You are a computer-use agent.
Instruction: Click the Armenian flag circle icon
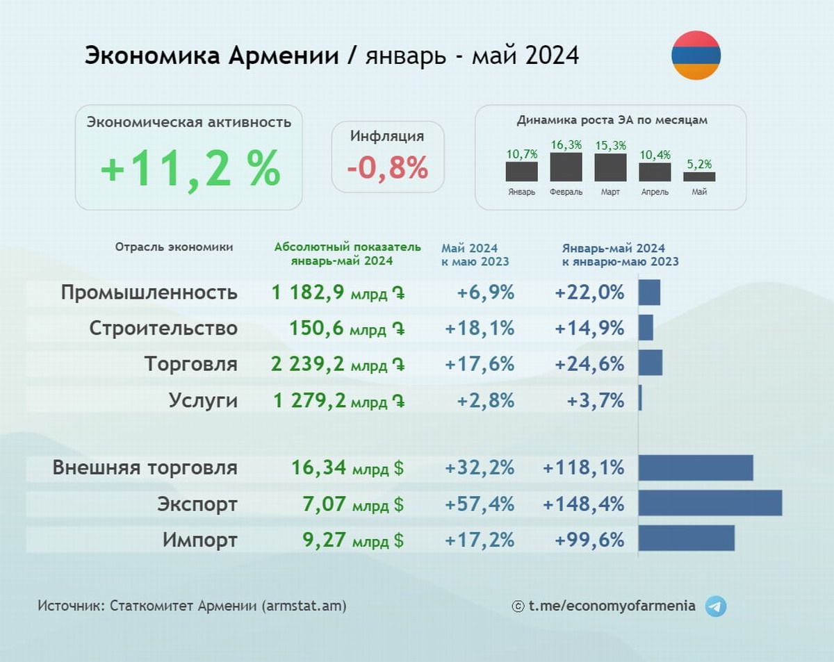(696, 55)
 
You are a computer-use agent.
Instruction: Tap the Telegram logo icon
(715, 606)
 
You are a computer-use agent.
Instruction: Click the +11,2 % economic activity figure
(190, 168)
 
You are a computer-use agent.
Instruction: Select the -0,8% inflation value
(388, 167)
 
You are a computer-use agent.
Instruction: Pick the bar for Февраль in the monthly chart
(566, 167)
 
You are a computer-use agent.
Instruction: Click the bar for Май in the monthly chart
(698, 176)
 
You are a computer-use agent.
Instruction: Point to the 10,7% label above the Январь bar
(521, 154)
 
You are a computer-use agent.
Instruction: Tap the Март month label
(610, 192)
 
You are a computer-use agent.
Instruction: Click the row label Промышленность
(149, 292)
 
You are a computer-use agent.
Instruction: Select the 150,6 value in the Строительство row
(318, 328)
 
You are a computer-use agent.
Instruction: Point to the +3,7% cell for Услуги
(596, 401)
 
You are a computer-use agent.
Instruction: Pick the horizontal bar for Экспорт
(710, 503)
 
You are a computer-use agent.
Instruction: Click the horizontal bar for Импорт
(686, 539)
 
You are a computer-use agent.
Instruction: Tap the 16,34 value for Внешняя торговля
(318, 467)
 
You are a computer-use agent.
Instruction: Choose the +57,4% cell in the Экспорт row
(480, 503)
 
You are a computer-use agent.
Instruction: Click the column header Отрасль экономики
(174, 247)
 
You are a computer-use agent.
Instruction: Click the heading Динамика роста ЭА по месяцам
(612, 120)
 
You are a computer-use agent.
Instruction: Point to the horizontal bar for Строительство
(646, 328)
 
